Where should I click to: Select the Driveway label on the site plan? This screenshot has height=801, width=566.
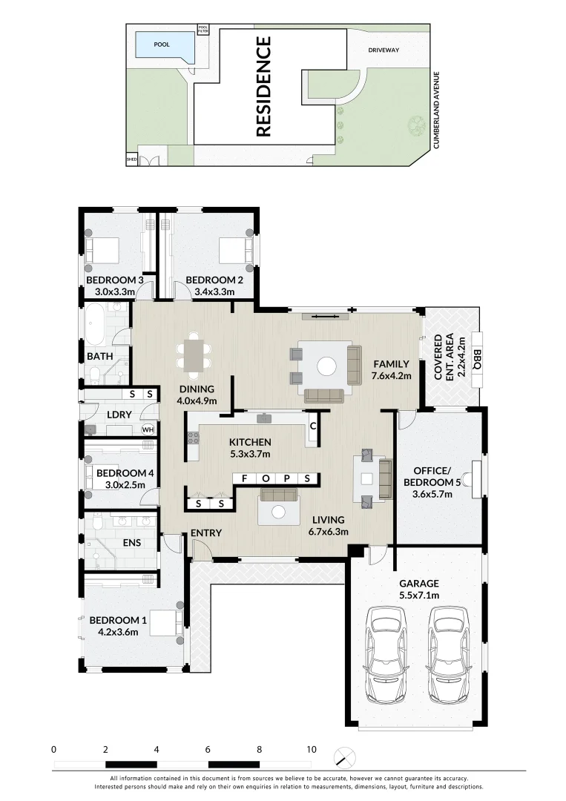[384, 50]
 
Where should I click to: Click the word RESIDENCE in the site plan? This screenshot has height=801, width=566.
[263, 86]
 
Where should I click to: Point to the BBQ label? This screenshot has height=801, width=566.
[477, 359]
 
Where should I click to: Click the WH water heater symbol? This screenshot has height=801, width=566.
[148, 429]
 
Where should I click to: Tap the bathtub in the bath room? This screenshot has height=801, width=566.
[94, 325]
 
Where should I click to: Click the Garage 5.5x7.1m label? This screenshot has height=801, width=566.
[419, 589]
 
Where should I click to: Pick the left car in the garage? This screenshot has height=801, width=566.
[386, 654]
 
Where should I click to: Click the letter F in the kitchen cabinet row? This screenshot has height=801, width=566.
[245, 478]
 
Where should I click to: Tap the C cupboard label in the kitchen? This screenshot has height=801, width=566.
[313, 426]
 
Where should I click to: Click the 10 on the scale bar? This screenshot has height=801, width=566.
[311, 750]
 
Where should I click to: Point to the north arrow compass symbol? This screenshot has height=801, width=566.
[345, 757]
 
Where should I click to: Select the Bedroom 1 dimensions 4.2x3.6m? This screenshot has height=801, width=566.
[118, 632]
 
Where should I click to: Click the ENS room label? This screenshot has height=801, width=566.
[132, 543]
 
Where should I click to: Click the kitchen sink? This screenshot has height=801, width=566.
[265, 418]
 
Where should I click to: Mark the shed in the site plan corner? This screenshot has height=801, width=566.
[132, 159]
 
